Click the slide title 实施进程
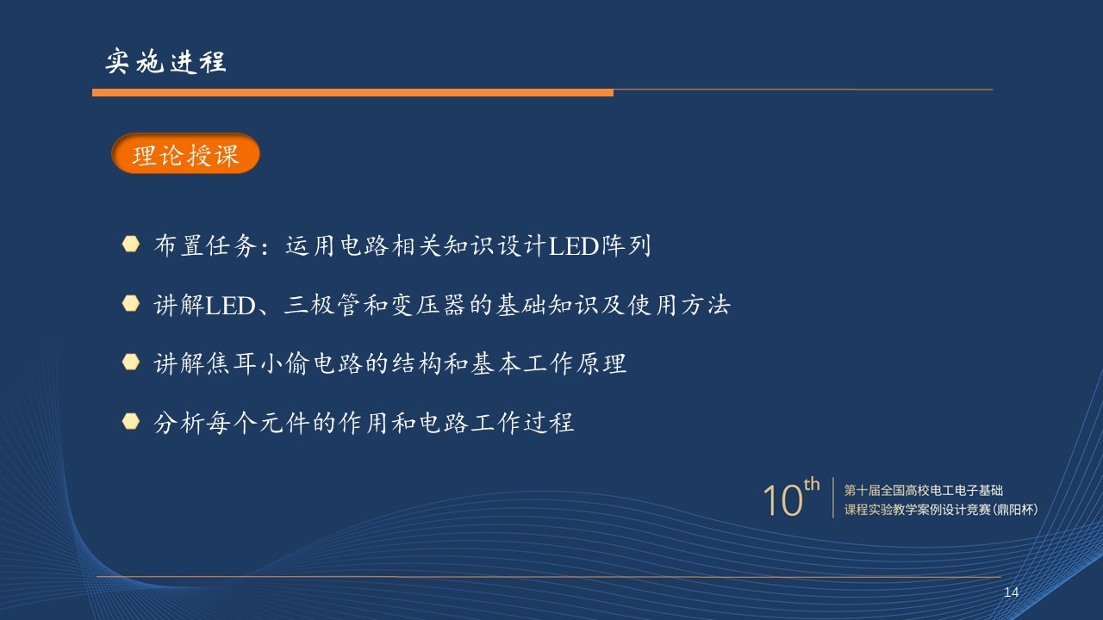pos(165,61)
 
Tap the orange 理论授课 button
pos(185,153)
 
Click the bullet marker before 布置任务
pos(130,244)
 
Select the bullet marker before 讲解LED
pos(130,304)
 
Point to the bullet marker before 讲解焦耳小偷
pos(130,363)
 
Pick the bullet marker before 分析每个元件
pos(130,421)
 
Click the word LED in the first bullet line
pos(573,246)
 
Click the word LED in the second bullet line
pos(230,306)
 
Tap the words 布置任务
pos(205,245)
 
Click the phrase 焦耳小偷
pos(258,363)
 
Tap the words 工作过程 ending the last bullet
pos(522,423)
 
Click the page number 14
pos(1011,592)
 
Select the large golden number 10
pos(783,500)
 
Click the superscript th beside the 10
pos(812,484)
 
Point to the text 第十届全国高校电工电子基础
pos(923,491)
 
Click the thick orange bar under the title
pos(352,92)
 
